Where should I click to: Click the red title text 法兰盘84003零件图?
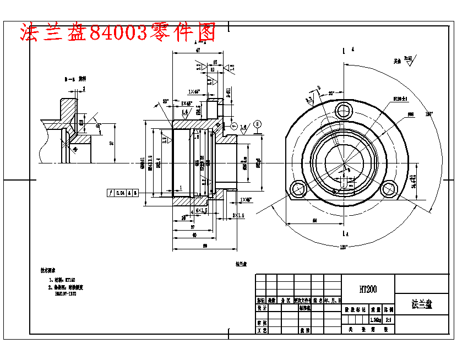point(117,33)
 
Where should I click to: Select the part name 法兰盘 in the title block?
point(422,304)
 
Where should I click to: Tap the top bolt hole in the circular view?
point(345,108)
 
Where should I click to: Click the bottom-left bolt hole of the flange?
point(299,188)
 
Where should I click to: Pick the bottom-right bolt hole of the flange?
point(390,188)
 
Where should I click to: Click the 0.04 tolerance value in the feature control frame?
point(120,193)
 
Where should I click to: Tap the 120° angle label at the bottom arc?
point(345,247)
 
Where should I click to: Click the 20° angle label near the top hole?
point(331,93)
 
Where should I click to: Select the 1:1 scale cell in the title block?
point(388,319)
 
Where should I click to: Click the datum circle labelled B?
point(258,124)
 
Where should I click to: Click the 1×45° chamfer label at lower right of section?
point(246,199)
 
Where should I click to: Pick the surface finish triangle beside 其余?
point(410,63)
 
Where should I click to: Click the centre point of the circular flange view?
point(345,163)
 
